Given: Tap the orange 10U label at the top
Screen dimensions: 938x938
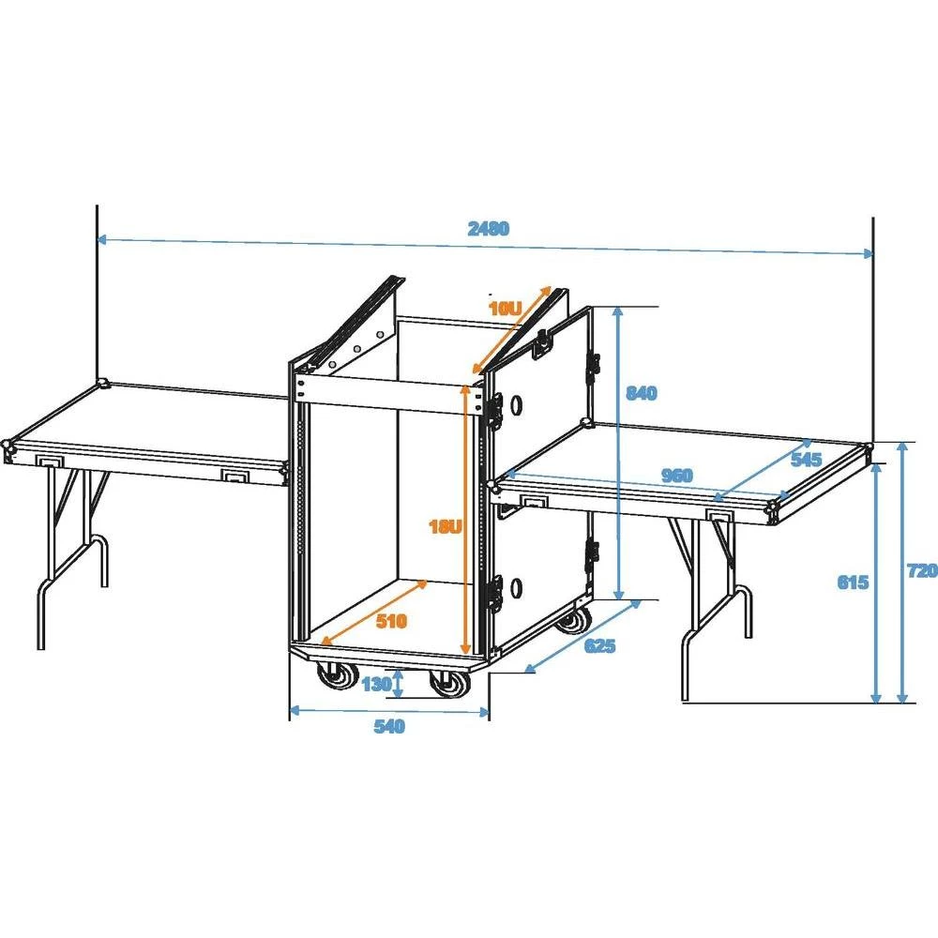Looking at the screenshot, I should (x=504, y=308).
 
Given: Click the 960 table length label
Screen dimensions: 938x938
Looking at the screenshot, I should (x=676, y=476).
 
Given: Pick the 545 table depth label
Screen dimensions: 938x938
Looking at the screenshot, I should (x=806, y=460).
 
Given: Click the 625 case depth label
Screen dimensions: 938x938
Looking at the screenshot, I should (x=600, y=645).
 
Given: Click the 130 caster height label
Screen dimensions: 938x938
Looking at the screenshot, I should (x=375, y=684).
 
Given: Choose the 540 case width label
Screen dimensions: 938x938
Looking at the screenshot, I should (x=388, y=726).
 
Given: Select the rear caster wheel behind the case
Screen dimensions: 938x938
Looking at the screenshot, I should (x=572, y=619).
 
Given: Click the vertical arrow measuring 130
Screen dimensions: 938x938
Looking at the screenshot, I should (x=400, y=683).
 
